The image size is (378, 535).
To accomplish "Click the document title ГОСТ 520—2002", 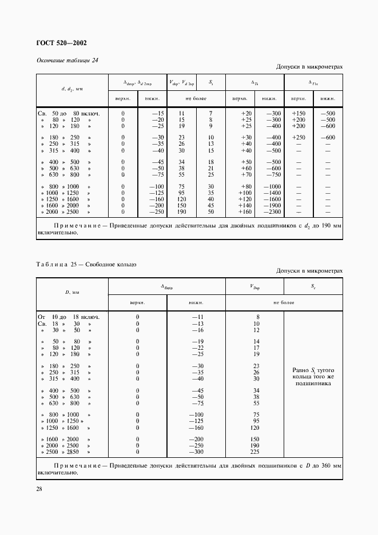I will click(62, 43).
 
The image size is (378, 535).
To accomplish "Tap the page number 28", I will click(39, 489).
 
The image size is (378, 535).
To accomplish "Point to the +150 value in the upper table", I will click(298, 113).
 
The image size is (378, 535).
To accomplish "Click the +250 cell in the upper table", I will click(298, 138).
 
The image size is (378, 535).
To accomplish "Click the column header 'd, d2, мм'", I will click(72, 90).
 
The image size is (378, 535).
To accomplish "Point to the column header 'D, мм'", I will click(72, 292).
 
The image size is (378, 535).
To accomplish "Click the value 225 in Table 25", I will click(256, 452).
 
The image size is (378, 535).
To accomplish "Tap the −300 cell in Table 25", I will click(197, 452).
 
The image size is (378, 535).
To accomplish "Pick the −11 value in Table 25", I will click(197, 317).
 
